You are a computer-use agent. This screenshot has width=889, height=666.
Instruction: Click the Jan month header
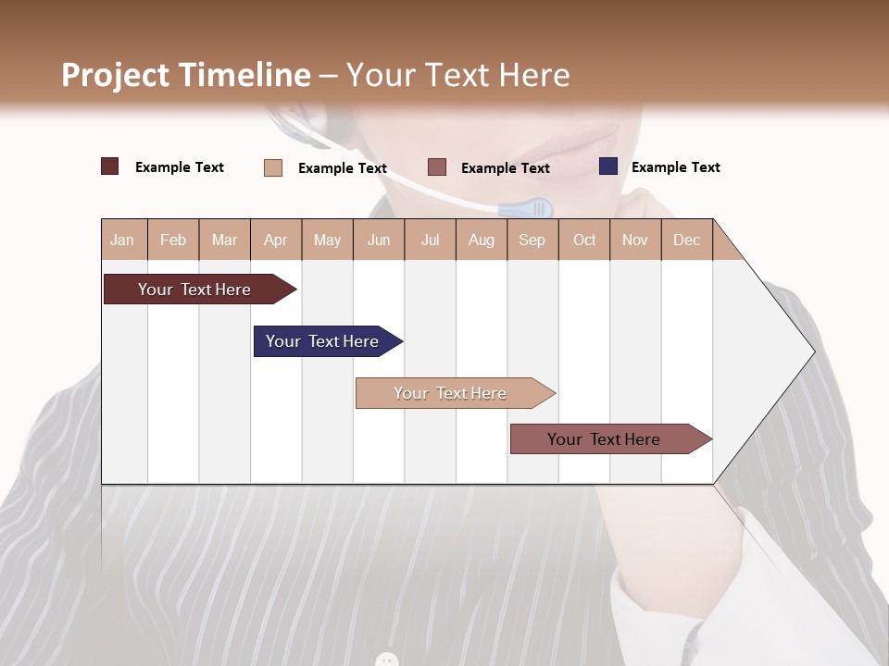coord(122,240)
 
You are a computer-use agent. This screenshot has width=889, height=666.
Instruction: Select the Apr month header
coord(275,240)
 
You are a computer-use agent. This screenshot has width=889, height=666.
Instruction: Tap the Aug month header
coord(481,240)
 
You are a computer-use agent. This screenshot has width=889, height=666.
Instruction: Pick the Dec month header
coord(686,240)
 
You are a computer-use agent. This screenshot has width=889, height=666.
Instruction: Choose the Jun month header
coord(378,240)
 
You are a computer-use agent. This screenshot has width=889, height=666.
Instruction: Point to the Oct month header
coord(583,240)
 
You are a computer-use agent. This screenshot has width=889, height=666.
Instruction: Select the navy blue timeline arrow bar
coord(325,341)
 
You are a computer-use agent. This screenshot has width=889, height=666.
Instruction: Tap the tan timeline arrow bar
coord(452,393)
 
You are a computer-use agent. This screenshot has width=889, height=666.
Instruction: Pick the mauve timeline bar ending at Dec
coord(607,439)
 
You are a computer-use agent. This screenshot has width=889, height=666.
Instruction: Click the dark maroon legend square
coord(109,166)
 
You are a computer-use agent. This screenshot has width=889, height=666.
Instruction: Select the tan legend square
coord(272,167)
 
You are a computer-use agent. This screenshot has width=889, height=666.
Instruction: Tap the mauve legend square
coord(437,167)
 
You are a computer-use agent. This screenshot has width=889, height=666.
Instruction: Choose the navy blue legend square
coord(607,166)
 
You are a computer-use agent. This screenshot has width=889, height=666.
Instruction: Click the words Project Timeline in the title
coord(185,75)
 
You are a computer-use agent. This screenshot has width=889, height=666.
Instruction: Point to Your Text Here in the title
coord(457,75)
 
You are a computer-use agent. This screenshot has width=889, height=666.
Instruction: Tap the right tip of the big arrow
coord(812,351)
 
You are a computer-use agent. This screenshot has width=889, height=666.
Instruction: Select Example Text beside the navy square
coord(675,167)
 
